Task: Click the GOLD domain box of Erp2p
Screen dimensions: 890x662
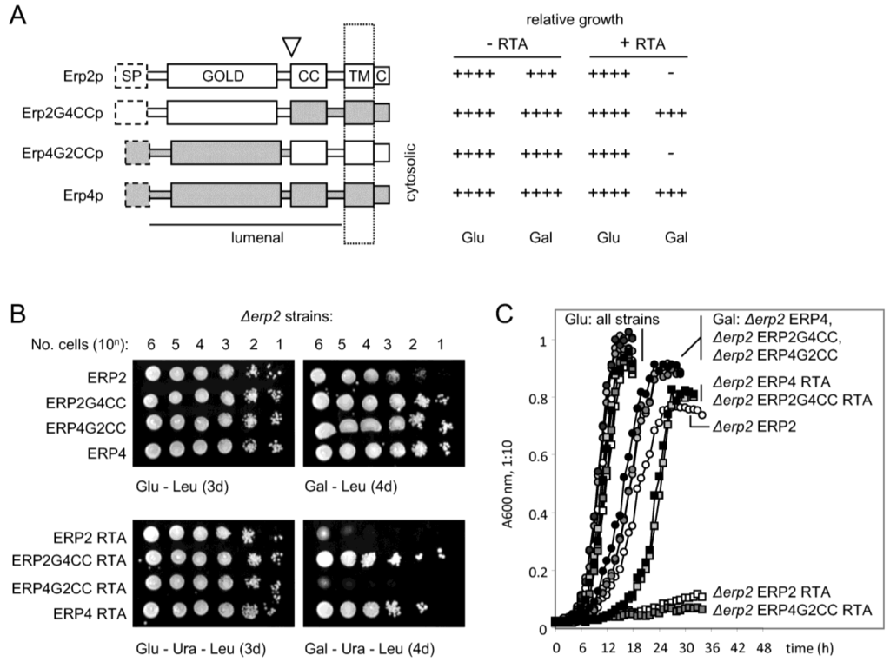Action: pyautogui.click(x=222, y=76)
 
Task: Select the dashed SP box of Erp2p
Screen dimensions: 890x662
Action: pyautogui.click(x=131, y=76)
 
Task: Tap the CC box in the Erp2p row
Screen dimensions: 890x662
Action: pyautogui.click(x=309, y=76)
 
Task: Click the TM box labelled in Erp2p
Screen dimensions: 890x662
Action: pyautogui.click(x=359, y=76)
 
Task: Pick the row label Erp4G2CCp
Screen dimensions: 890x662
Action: pyautogui.click(x=63, y=154)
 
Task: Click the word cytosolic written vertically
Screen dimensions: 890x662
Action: pyautogui.click(x=411, y=172)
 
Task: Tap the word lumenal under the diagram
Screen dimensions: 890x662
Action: pyautogui.click(x=257, y=237)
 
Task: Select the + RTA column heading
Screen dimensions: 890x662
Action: pyautogui.click(x=642, y=43)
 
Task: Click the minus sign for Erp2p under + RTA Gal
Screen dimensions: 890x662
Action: pyautogui.click(x=671, y=73)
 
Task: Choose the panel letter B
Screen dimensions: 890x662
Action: pyautogui.click(x=17, y=314)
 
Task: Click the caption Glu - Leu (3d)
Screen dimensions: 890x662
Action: pyautogui.click(x=182, y=487)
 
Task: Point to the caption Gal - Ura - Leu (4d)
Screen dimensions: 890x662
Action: pyautogui.click(x=369, y=648)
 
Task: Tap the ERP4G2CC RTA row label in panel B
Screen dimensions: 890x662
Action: pyautogui.click(x=69, y=588)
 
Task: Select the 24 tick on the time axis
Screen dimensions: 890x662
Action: pyautogui.click(x=661, y=648)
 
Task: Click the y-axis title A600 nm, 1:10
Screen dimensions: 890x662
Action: pyautogui.click(x=508, y=484)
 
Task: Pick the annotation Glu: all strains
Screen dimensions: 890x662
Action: pyautogui.click(x=612, y=320)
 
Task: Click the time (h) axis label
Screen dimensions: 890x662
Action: pyautogui.click(x=809, y=648)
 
